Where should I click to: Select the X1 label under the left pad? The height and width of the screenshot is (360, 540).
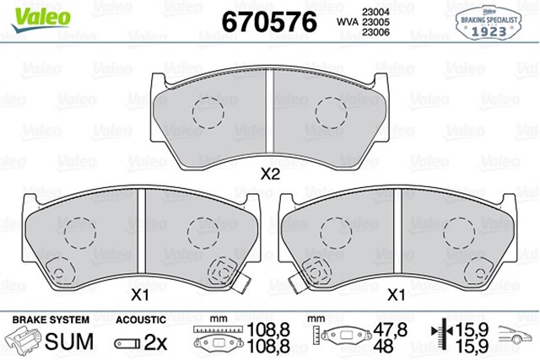coord(139,295)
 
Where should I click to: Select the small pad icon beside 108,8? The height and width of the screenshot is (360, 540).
coord(219,344)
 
